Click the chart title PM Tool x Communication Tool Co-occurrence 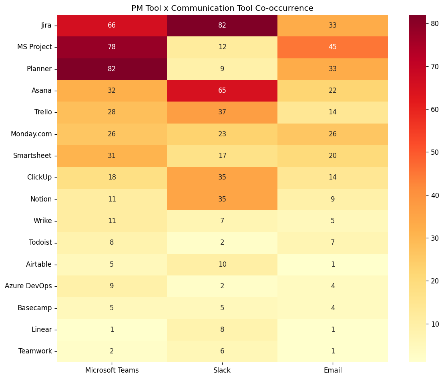tap(222, 8)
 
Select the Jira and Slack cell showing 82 tap(222, 25)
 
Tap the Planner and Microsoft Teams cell tap(112, 69)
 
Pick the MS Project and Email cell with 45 tap(332, 47)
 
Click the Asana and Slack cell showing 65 tap(222, 90)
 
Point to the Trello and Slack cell tap(222, 112)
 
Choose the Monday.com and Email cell tap(332, 134)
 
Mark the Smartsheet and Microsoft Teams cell tap(112, 156)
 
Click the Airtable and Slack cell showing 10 tap(222, 264)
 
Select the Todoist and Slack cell tap(222, 243)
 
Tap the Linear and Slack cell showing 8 tap(222, 329)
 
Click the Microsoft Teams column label tap(112, 370)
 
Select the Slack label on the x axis tap(222, 370)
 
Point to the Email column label tap(332, 370)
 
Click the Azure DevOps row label tap(28, 286)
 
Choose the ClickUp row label tap(39, 177)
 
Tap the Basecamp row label tap(35, 308)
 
